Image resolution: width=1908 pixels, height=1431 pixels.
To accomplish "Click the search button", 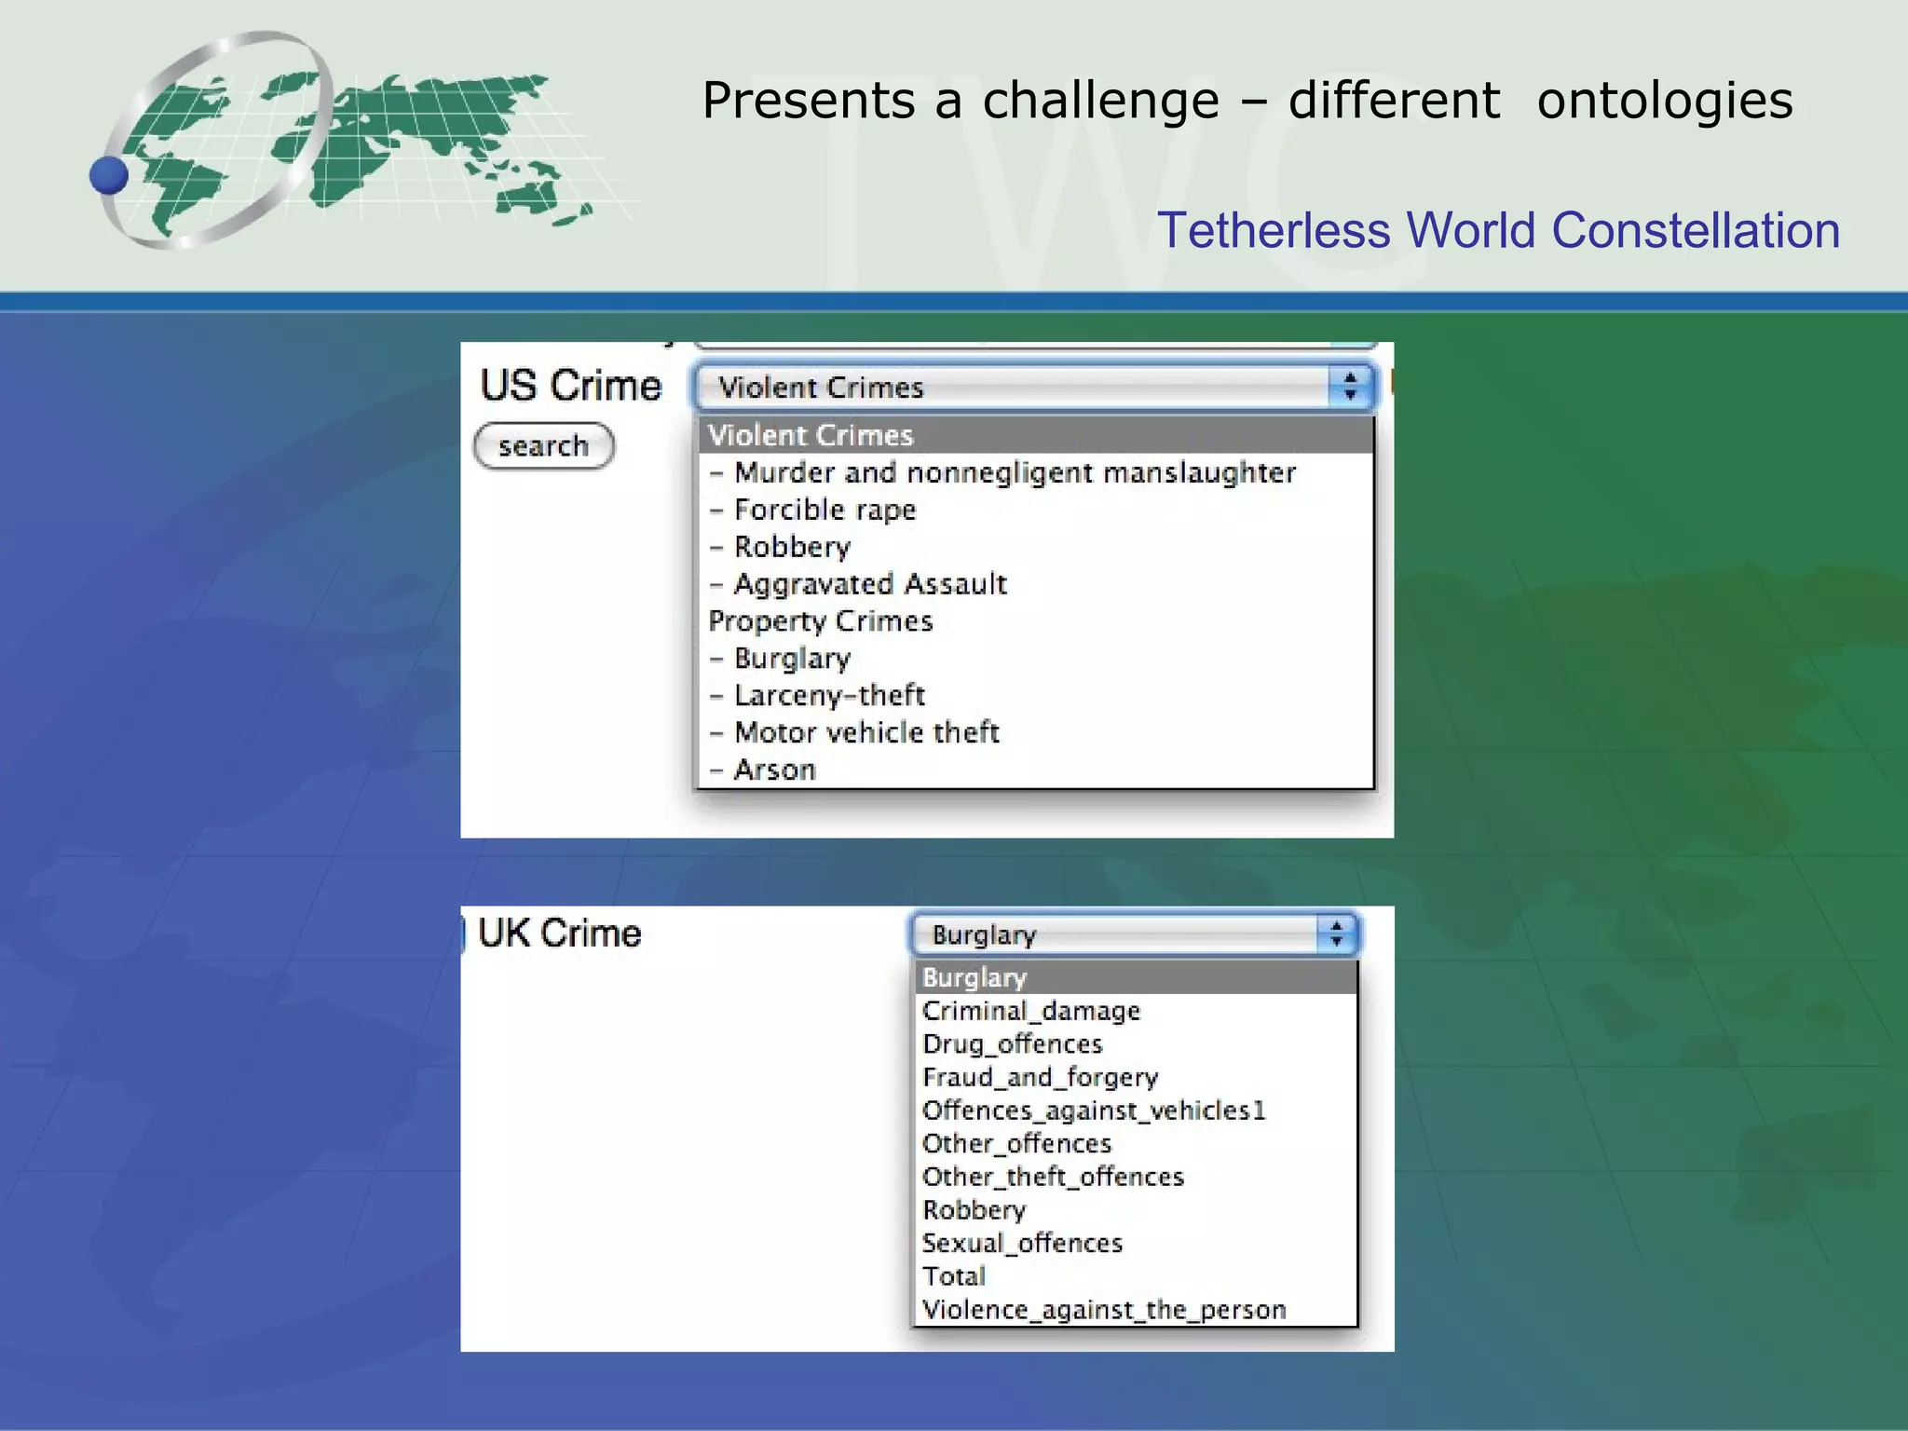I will (x=544, y=446).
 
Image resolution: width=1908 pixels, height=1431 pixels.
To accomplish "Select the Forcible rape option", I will (x=825, y=510).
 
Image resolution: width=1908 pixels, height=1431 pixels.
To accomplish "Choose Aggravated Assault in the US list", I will (x=870, y=584).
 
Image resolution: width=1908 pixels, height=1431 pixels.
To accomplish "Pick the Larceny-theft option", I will (x=829, y=695).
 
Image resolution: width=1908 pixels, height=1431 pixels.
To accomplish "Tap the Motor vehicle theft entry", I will (x=866, y=732).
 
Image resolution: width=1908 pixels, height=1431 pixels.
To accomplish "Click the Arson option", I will (x=774, y=770).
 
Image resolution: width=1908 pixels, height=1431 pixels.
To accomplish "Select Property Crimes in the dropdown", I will (x=820, y=621).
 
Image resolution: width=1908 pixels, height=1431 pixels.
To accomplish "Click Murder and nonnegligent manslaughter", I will (x=1015, y=472).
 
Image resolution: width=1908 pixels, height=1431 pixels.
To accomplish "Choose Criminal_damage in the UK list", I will (x=1031, y=1011).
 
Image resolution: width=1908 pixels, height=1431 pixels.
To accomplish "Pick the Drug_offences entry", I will (x=1013, y=1044).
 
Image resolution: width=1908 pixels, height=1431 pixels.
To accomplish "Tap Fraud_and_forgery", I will (x=1040, y=1078).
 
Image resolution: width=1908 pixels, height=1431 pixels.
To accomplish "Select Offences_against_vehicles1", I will (x=1094, y=1111).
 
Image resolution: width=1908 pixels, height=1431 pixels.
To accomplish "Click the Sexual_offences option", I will (x=1022, y=1244).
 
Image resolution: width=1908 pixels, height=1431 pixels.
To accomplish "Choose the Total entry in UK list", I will (x=954, y=1276).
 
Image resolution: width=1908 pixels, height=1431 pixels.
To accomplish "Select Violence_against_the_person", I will (x=1104, y=1310).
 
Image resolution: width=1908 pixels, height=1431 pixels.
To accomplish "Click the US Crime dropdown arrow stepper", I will (x=1350, y=387).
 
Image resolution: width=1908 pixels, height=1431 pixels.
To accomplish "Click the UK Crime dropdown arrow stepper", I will (x=1337, y=934).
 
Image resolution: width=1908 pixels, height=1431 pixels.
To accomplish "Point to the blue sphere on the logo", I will (x=109, y=175).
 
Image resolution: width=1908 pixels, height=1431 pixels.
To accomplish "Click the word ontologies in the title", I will (x=1665, y=101).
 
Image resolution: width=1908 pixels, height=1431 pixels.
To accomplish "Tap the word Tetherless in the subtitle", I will (x=1273, y=230).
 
